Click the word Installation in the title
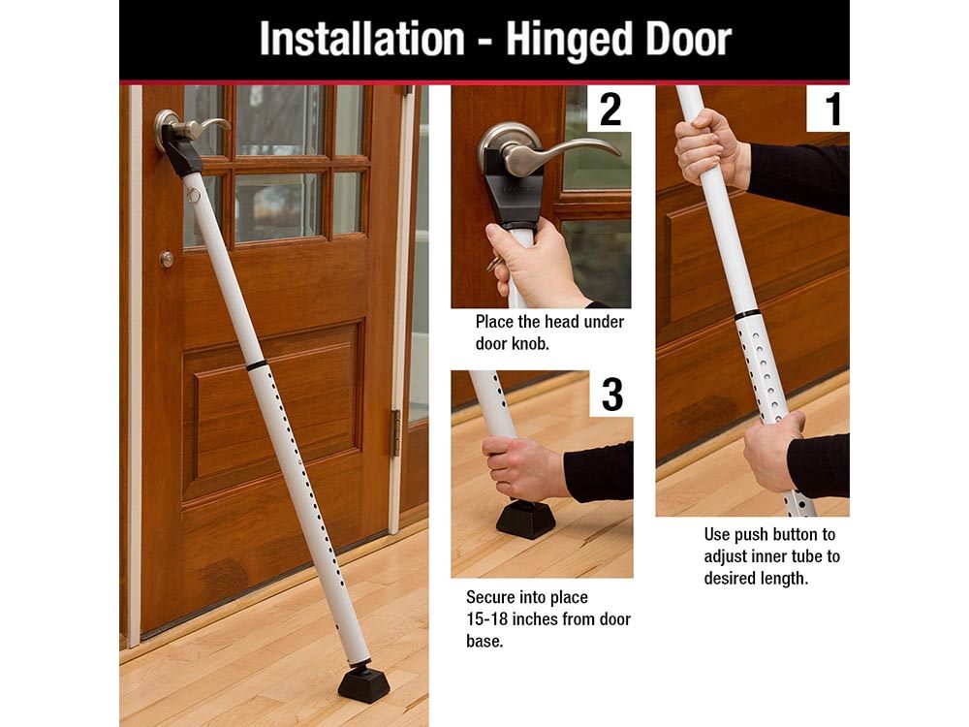(361, 40)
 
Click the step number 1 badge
(828, 109)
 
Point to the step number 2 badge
(610, 109)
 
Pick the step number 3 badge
(611, 394)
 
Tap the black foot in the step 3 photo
(526, 518)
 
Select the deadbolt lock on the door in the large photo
(167, 259)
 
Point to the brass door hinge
(395, 432)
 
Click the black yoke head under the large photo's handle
(181, 151)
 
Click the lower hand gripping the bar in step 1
(772, 450)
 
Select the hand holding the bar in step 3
(525, 468)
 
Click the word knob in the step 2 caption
(530, 344)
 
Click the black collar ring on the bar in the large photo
(257, 365)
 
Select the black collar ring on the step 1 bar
(746, 315)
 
